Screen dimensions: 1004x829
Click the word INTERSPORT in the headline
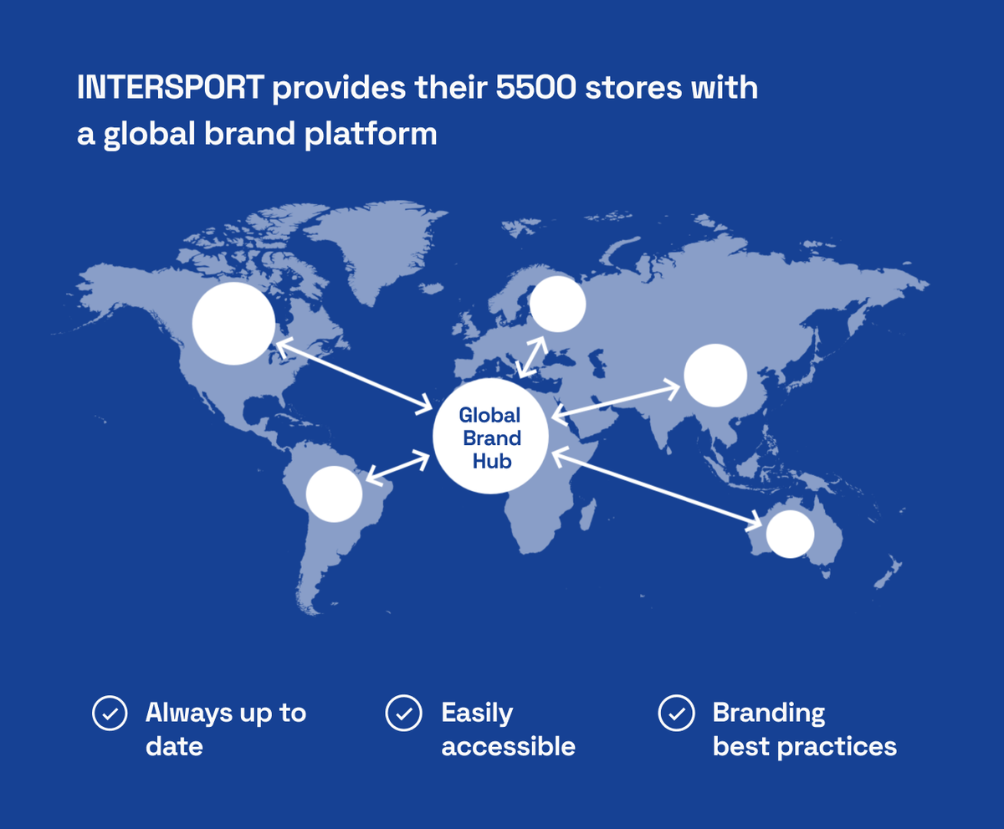[170, 88]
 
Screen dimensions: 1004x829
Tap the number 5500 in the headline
[535, 88]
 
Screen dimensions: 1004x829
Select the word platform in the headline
[371, 134]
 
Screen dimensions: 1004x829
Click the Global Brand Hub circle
[490, 436]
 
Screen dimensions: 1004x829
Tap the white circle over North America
[233, 323]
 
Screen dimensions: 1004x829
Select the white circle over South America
[334, 494]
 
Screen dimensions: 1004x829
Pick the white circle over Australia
[790, 535]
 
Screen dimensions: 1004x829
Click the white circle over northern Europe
[558, 304]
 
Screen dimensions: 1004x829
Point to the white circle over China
[715, 376]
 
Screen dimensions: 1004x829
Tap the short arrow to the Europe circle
[532, 357]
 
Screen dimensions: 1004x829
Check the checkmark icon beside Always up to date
[110, 713]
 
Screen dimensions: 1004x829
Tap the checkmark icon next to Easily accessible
[404, 713]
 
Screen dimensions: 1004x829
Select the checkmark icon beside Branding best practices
[677, 713]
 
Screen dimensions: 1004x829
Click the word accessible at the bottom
[508, 747]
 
